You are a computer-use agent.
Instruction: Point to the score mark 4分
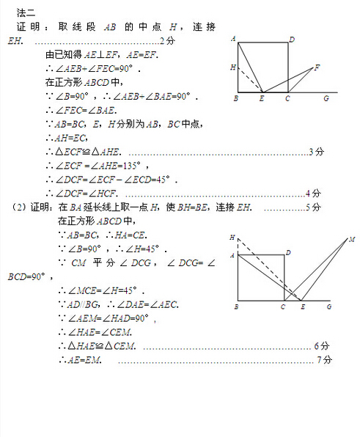tap(313, 194)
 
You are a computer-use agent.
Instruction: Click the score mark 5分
tap(313, 208)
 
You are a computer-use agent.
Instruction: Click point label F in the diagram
tap(317, 67)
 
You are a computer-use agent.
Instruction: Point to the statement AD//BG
tap(86, 304)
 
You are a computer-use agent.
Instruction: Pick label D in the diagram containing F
tap(292, 40)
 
